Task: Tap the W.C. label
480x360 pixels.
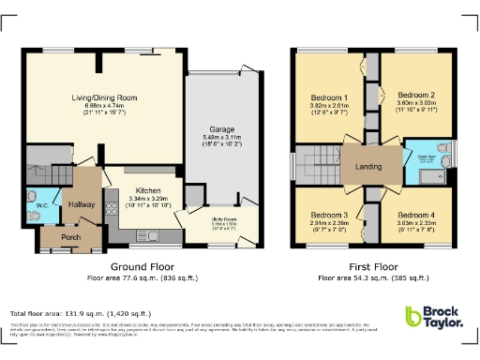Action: (x=41, y=206)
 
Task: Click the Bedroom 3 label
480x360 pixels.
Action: (x=329, y=215)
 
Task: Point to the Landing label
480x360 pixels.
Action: (x=367, y=168)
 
